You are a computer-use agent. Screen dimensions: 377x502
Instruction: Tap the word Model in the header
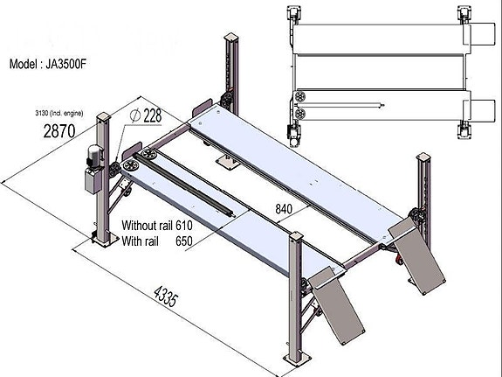coord(25,64)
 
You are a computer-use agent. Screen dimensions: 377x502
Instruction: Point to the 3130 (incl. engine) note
coord(53,114)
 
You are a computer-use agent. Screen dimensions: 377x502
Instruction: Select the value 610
coord(183,224)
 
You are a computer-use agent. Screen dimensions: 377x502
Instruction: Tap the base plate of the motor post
coord(99,241)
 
